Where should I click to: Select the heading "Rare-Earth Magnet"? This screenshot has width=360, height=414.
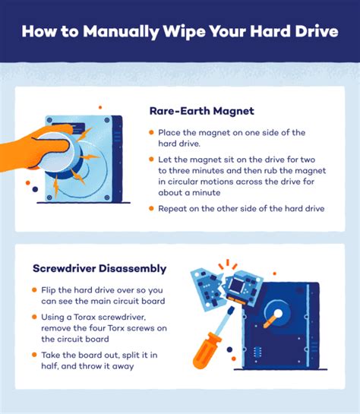point(201,112)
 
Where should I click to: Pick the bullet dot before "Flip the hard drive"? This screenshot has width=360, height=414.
point(34,291)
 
